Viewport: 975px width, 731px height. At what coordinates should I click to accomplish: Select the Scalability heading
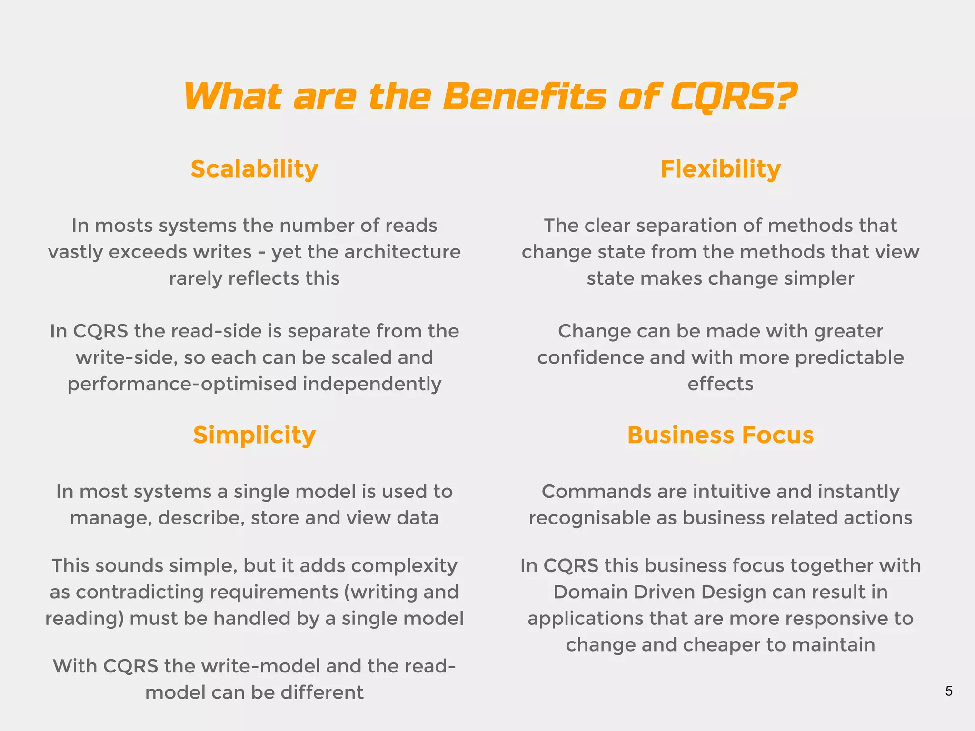pyautogui.click(x=254, y=169)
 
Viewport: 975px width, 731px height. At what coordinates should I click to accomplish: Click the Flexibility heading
pyautogui.click(x=720, y=169)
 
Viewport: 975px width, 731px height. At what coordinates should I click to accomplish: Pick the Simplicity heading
pyautogui.click(x=254, y=435)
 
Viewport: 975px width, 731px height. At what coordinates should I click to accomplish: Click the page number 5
pyautogui.click(x=948, y=691)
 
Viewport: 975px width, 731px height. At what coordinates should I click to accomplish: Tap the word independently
pyautogui.click(x=372, y=384)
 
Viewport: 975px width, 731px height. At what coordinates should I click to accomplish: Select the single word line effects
pyautogui.click(x=720, y=384)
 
